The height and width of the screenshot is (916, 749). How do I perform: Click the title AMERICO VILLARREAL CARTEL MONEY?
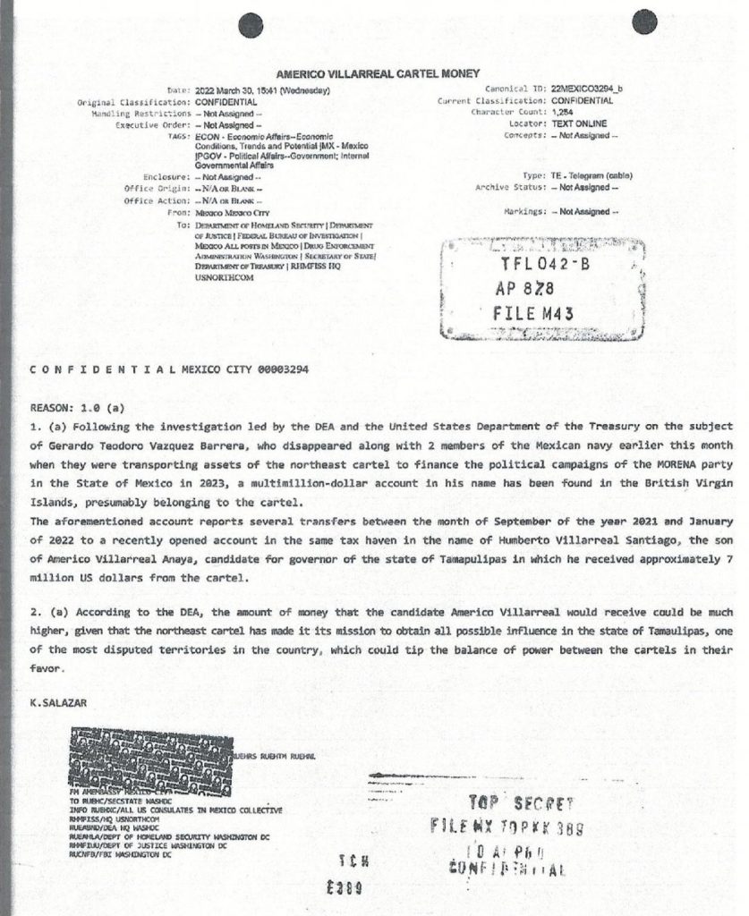378,73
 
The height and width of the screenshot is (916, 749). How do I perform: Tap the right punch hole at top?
645,23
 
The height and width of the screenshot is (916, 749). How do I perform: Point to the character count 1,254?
563,113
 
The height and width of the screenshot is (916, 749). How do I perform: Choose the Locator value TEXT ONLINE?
579,123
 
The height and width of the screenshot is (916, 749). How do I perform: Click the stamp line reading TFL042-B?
539,266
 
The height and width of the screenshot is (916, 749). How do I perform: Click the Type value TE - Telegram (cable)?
594,176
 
